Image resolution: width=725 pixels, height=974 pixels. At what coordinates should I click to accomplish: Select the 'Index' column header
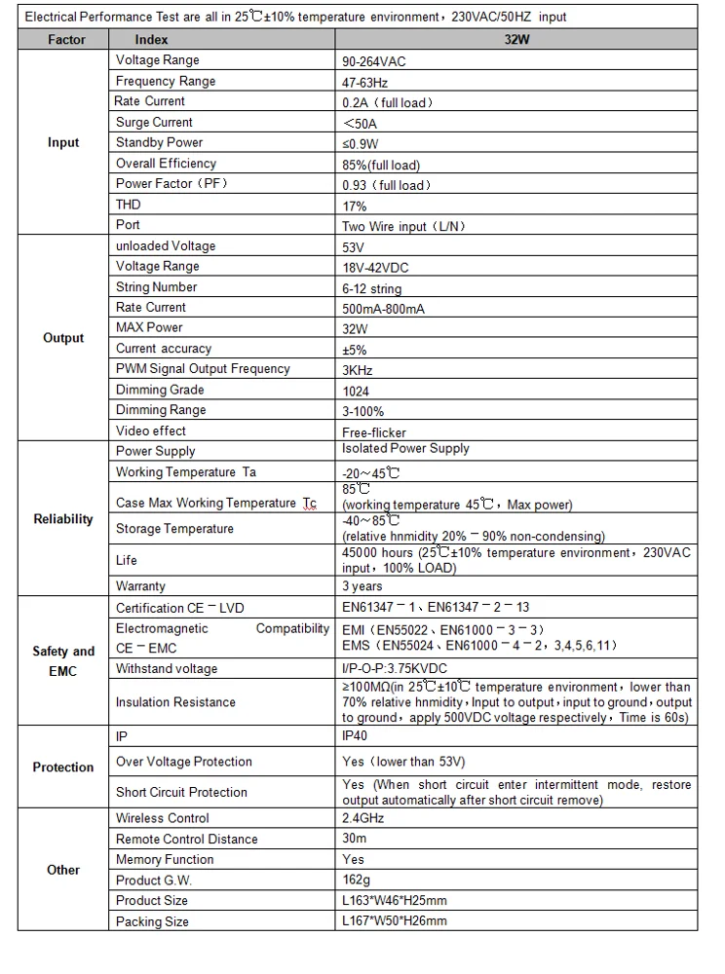click(x=151, y=40)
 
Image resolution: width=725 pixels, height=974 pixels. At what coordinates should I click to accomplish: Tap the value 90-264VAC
click(x=374, y=61)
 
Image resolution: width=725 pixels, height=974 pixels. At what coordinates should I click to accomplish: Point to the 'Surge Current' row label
click(x=154, y=123)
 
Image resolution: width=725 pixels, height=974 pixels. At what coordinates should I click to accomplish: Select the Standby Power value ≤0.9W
click(x=361, y=144)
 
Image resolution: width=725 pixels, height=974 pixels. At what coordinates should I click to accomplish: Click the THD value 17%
click(x=355, y=206)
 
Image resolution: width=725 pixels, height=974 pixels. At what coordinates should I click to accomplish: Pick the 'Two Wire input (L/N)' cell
click(x=404, y=227)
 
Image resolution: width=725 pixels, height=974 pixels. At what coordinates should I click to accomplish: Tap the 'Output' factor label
click(x=63, y=338)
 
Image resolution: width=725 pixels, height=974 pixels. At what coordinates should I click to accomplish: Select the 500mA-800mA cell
click(x=383, y=309)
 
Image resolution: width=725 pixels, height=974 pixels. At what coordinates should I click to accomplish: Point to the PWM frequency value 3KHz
click(x=358, y=370)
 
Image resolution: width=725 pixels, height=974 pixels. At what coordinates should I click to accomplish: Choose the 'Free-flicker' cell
click(x=374, y=431)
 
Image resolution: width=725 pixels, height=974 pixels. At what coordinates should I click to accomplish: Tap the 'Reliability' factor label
click(x=63, y=519)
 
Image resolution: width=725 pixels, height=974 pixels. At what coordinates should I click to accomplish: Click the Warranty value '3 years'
click(x=362, y=586)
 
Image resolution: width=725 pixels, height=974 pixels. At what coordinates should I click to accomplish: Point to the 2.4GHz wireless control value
click(x=363, y=818)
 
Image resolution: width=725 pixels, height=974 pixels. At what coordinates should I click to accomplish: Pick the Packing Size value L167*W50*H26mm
click(x=395, y=921)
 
